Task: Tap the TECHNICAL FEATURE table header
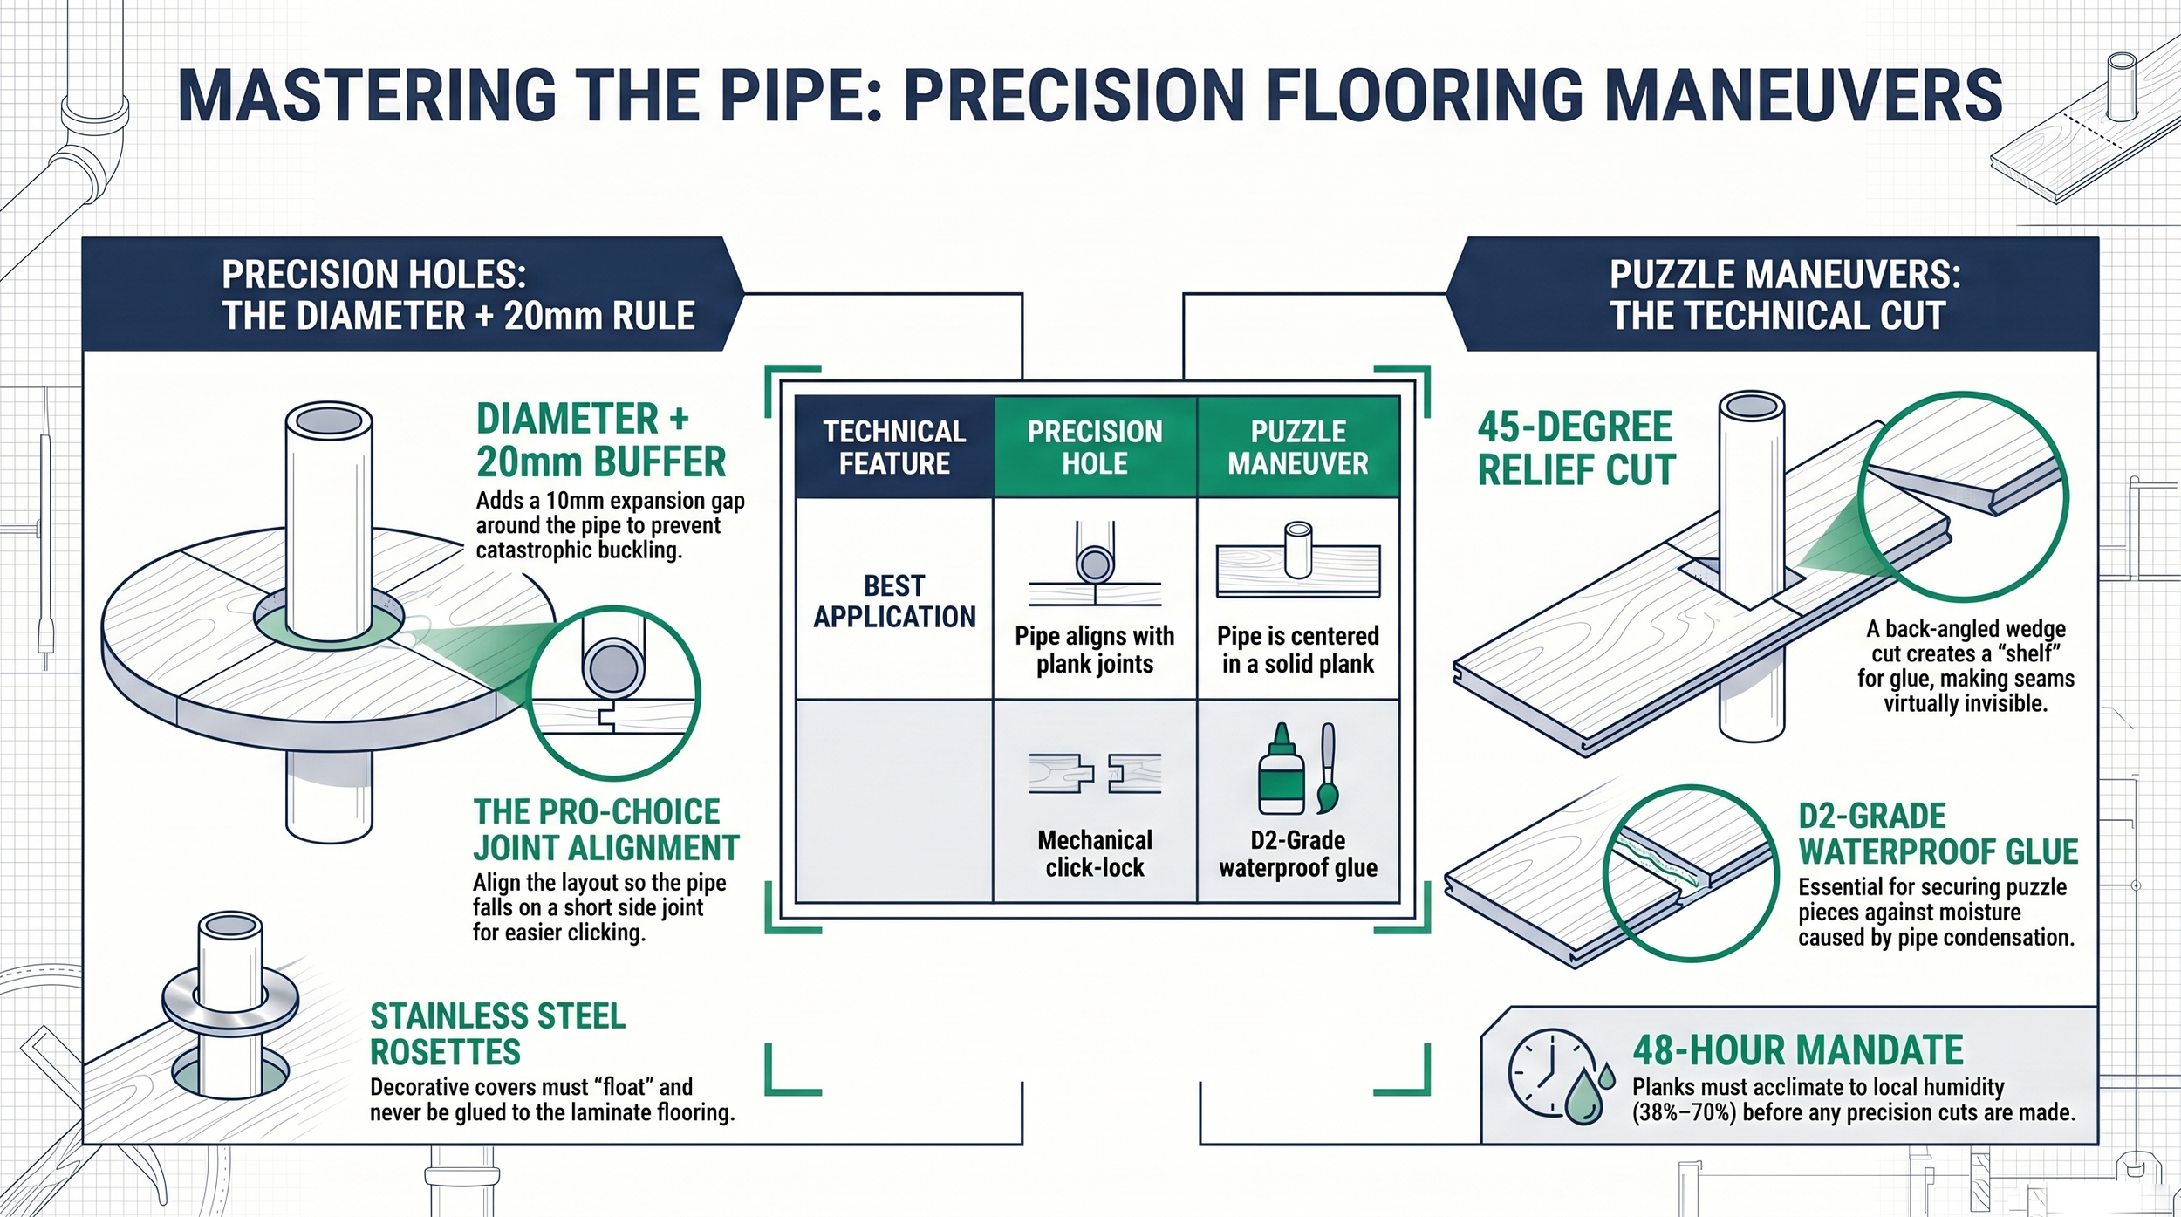pos(894,447)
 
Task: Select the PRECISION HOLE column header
pos(1095,447)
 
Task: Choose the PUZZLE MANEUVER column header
pos(1298,447)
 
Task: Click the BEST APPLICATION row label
pos(894,601)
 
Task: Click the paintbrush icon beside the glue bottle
pos(1328,768)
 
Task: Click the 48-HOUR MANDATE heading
pos(1798,1050)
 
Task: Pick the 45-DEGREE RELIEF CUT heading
pos(1576,448)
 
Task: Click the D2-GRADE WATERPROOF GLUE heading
pos(1938,834)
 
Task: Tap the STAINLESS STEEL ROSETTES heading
pos(497,1034)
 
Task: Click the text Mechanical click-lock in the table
pos(1095,853)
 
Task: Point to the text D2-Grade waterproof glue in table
pos(1298,853)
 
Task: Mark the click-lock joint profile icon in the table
pos(1095,773)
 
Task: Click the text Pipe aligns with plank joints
pos(1095,650)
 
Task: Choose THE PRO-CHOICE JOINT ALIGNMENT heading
pos(606,830)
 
